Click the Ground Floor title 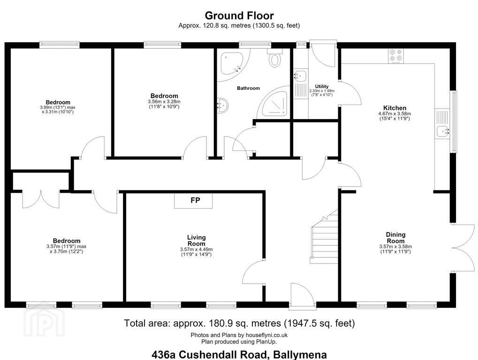[239, 15]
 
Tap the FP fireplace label [195, 200]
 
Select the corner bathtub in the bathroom [232, 63]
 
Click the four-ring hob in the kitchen [396, 56]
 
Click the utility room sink [300, 75]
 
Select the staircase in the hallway [324, 236]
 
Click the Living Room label [197, 240]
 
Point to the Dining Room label [396, 238]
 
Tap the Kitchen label [395, 108]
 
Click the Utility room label [322, 87]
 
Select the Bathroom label [249, 88]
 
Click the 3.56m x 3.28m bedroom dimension [164, 102]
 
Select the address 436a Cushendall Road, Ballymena [239, 354]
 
